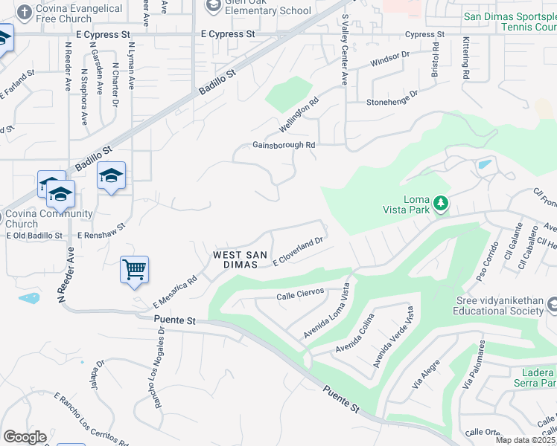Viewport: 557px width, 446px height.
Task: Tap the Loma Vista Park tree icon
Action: tap(441, 202)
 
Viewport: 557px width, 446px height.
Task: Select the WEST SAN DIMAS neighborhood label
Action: tap(240, 259)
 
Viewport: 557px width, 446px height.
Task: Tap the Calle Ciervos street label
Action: tap(301, 294)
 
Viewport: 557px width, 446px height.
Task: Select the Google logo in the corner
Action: tap(25, 436)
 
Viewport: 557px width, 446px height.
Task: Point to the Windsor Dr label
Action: tap(390, 59)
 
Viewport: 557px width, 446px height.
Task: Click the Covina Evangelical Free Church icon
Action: tap(24, 13)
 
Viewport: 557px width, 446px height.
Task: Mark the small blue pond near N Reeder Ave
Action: tap(29, 298)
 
